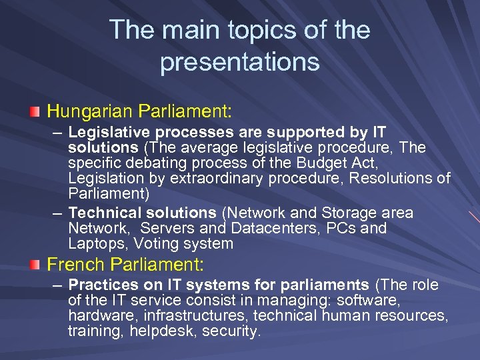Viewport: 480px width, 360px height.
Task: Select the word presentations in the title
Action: point(240,62)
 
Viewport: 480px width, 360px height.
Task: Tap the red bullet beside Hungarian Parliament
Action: point(35,110)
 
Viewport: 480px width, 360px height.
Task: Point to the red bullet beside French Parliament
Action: point(35,265)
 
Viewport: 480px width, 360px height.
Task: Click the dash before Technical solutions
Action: point(58,213)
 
